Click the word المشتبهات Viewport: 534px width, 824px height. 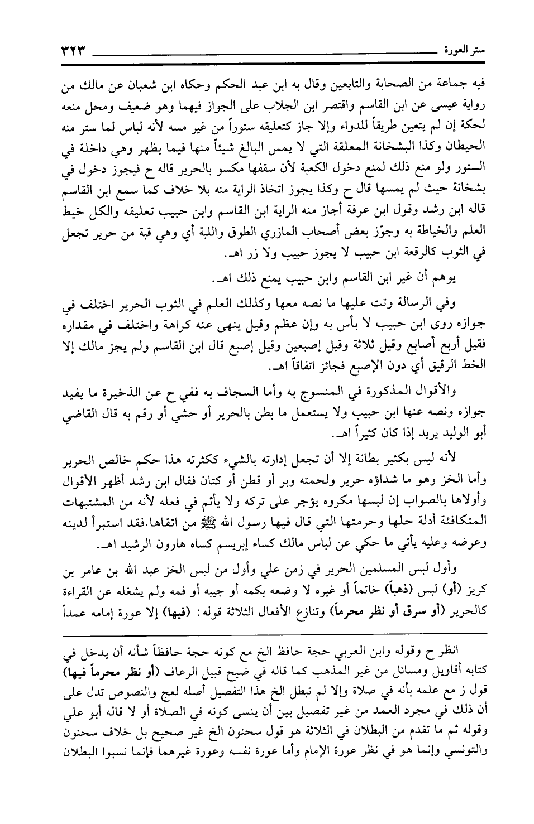coord(75,496)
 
